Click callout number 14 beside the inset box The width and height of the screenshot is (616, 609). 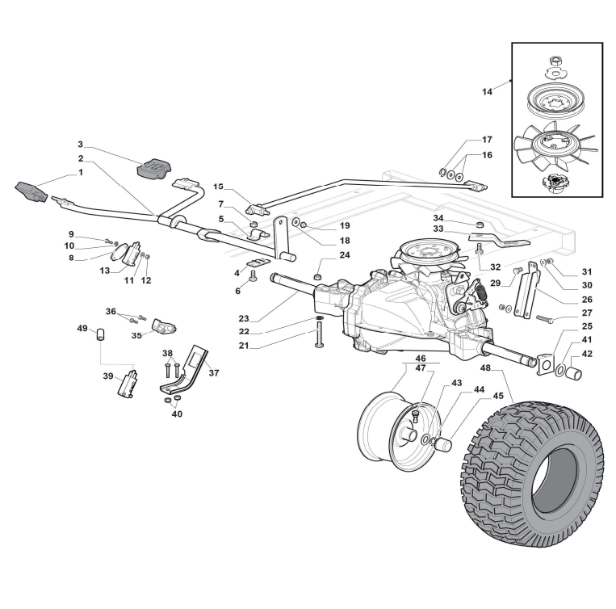487,92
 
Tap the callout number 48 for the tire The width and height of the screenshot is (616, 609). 485,369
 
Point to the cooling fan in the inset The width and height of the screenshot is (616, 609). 555,145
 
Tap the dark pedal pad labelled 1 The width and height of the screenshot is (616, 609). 33,193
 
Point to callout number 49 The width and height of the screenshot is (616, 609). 82,328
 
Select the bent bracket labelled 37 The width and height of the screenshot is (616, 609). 194,367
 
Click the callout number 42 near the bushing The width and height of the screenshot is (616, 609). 587,354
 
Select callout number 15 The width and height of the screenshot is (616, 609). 218,187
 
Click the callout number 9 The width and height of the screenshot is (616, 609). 70,234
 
